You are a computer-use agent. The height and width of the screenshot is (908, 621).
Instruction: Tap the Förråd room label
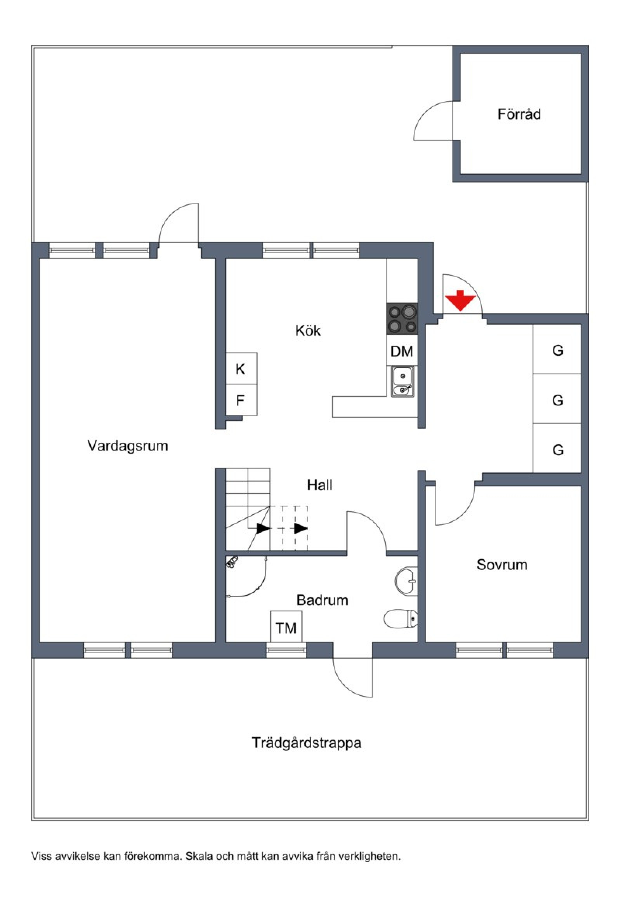click(x=519, y=115)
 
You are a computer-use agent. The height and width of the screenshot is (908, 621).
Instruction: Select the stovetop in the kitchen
click(x=402, y=318)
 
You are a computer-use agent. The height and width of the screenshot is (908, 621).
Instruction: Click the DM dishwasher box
click(x=402, y=351)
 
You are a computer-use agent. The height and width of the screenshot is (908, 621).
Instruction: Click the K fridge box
click(x=241, y=369)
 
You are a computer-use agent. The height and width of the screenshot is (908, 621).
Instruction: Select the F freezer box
click(x=241, y=400)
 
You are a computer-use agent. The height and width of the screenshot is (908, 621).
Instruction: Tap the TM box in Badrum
click(x=286, y=629)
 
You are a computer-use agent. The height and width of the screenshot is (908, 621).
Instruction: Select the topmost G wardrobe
click(x=557, y=350)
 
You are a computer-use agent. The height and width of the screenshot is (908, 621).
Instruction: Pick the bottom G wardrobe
click(x=557, y=450)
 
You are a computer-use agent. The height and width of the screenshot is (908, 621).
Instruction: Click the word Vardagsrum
click(x=128, y=446)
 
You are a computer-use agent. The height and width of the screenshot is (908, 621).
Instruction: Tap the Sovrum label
click(x=502, y=565)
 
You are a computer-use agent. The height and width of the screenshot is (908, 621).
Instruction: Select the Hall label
click(x=319, y=485)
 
